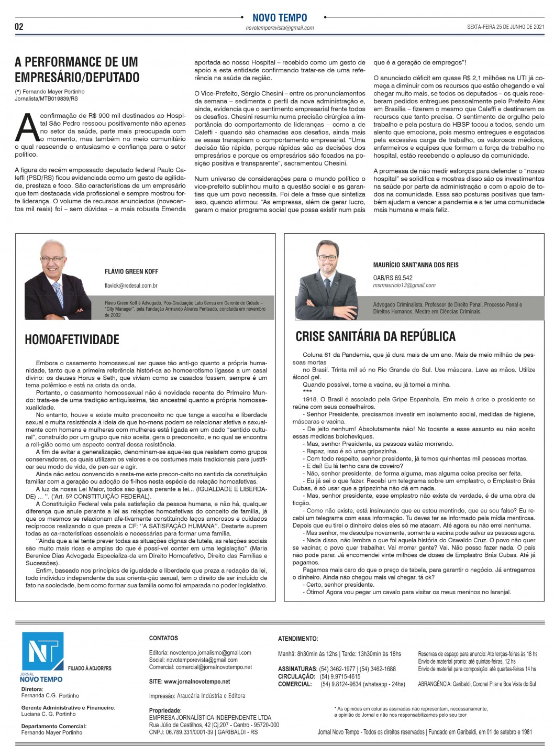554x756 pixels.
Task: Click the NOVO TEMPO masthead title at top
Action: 280,18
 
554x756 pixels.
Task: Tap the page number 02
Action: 19,27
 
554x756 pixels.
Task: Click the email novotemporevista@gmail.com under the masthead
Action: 280,28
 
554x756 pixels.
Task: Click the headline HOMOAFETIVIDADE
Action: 72,339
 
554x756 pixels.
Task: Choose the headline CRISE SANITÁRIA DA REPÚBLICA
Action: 375,336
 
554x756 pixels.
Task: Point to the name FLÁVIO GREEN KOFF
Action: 131,271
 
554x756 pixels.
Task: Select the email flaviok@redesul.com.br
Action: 131,286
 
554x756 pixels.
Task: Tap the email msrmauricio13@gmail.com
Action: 404,286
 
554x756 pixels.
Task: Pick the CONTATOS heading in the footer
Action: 163,638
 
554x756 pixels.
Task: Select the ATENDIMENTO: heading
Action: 297,639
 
